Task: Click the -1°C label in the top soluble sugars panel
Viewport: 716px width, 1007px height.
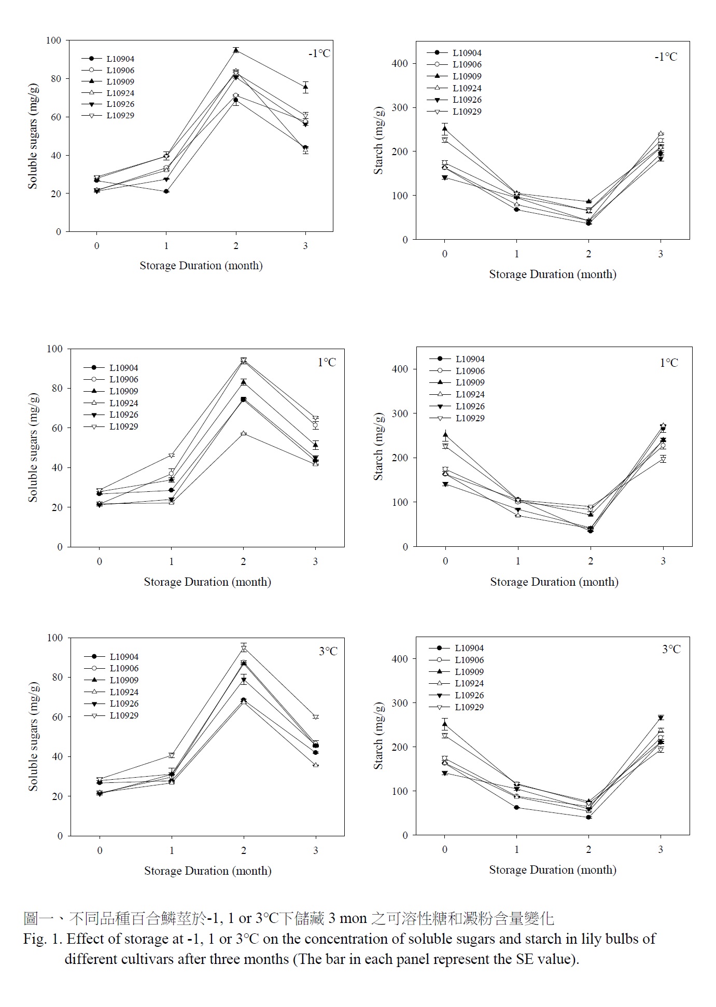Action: (x=319, y=53)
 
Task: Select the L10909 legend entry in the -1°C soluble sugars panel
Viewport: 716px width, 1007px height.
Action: (x=120, y=81)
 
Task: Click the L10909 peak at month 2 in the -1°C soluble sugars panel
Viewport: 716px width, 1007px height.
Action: (x=236, y=50)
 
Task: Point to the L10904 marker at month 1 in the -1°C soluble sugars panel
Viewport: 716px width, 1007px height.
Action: (x=166, y=191)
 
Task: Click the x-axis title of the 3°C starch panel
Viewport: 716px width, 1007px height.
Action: (x=553, y=870)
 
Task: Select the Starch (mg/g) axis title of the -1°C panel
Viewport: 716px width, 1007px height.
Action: (x=378, y=141)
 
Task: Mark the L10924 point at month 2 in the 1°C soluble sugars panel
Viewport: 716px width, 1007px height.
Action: (x=244, y=433)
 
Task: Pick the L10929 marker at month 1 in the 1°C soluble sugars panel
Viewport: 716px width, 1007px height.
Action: (x=172, y=456)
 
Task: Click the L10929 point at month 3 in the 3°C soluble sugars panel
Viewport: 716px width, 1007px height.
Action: (x=316, y=717)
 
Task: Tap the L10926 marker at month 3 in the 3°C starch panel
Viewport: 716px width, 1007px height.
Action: (x=661, y=718)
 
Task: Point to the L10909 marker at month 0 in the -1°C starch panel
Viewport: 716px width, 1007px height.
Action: (x=444, y=129)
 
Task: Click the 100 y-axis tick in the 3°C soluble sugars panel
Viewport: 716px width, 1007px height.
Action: (x=54, y=638)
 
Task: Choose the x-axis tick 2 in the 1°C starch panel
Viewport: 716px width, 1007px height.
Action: (x=591, y=561)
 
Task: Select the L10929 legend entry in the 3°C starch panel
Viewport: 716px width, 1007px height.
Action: (x=469, y=707)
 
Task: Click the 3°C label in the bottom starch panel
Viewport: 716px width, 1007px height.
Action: (x=671, y=649)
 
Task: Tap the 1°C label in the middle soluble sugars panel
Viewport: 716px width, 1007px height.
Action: (x=327, y=362)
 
